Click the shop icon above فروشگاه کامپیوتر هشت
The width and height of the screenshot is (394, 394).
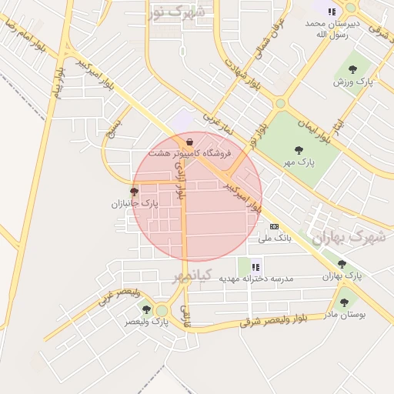(189, 142)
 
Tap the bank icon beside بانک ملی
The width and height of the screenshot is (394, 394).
(274, 226)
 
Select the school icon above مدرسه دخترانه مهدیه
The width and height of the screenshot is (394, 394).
(255, 265)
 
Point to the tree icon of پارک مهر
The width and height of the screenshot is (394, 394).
(299, 150)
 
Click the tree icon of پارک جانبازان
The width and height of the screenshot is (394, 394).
(134, 192)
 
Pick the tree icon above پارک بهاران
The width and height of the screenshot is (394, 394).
(342, 264)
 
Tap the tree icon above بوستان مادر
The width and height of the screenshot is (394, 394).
(344, 302)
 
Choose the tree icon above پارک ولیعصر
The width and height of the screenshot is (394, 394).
(146, 309)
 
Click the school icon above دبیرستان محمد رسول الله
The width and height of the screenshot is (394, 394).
(332, 12)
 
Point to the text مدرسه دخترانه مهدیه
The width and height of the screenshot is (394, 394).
(257, 278)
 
